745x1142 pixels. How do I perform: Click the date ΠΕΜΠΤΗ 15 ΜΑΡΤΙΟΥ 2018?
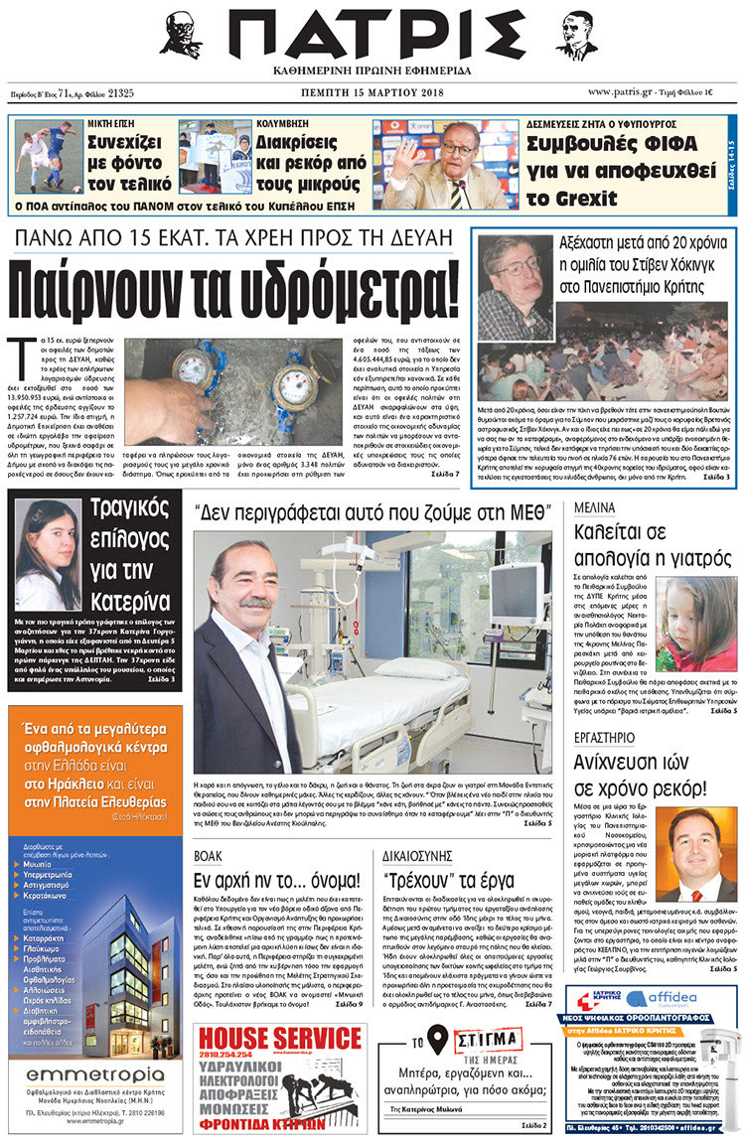pos(372,92)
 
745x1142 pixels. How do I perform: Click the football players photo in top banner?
pos(49,156)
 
